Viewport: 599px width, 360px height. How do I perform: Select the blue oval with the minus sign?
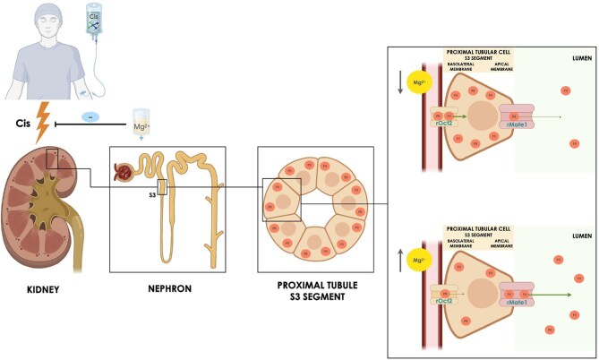click(90, 116)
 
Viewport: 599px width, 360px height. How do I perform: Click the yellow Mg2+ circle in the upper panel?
click(416, 84)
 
